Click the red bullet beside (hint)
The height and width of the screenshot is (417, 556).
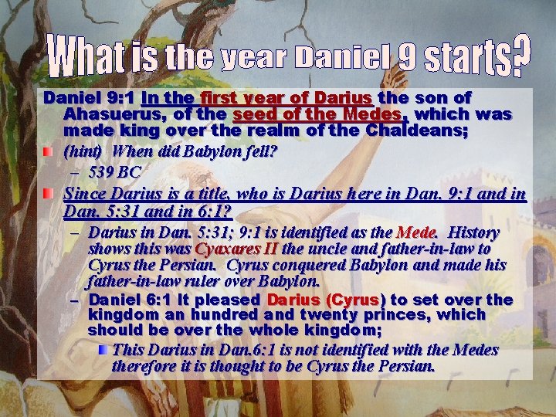tap(49, 151)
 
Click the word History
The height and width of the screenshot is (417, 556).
tap(474, 232)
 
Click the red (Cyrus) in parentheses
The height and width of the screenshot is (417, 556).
tap(355, 300)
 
